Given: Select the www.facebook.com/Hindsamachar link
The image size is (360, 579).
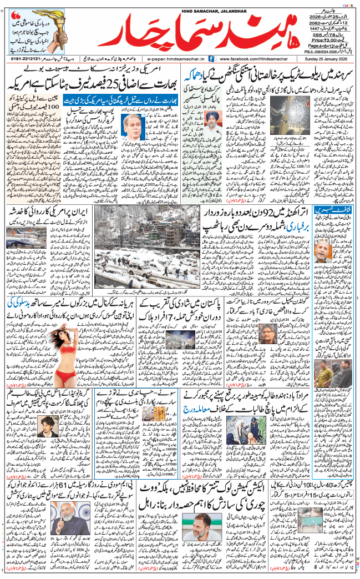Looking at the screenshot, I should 247,58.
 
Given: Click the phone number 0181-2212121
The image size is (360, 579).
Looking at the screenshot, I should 26,58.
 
